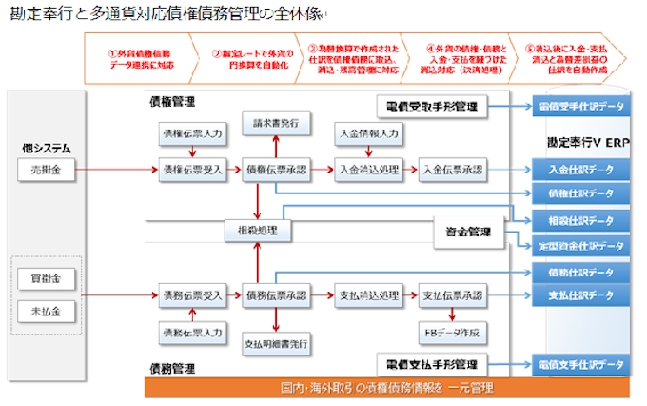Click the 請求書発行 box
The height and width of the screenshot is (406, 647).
276,125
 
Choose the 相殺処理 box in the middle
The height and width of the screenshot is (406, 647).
257,231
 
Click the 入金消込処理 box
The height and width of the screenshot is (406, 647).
364,170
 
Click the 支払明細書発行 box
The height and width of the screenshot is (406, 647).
276,340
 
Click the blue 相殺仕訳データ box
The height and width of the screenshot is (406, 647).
580,221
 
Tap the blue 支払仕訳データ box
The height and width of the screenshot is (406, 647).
580,295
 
